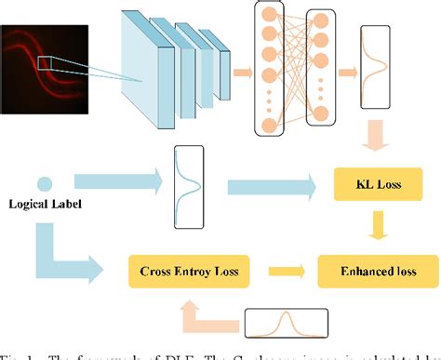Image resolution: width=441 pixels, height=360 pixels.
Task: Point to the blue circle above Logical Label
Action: pyautogui.click(x=44, y=184)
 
